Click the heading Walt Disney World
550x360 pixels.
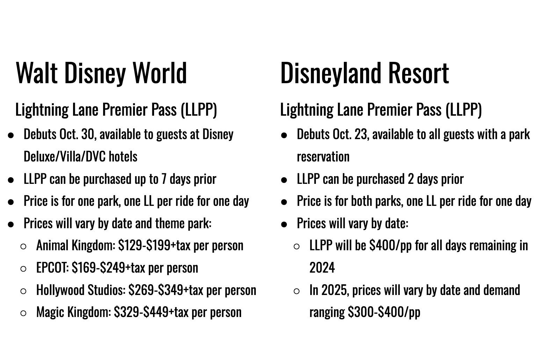pyautogui.click(x=101, y=73)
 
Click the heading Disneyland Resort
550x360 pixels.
pyautogui.click(x=364, y=73)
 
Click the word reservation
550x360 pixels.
pyautogui.click(x=323, y=157)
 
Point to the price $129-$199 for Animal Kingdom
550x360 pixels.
pyautogui.click(x=144, y=246)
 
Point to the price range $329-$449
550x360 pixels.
pyautogui.click(x=141, y=312)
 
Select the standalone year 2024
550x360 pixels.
pyautogui.click(x=322, y=268)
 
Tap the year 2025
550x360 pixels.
pyautogui.click(x=335, y=290)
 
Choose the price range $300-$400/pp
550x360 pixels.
pyautogui.click(x=384, y=312)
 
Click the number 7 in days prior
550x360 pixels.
pyautogui.click(x=164, y=179)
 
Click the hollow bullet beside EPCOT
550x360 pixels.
pyautogui.click(x=23, y=269)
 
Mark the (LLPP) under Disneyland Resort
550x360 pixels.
pyautogui.click(x=464, y=110)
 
